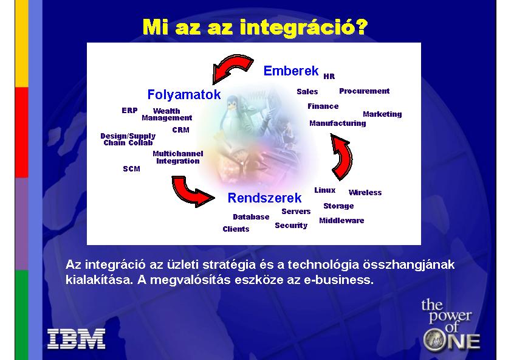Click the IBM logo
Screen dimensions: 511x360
click(77, 339)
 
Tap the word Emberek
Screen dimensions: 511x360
click(291, 71)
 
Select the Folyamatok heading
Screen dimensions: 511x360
click(184, 95)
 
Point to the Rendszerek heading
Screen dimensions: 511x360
click(265, 198)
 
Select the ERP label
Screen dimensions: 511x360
click(129, 111)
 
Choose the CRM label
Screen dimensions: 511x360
click(181, 130)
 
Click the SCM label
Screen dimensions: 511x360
click(132, 168)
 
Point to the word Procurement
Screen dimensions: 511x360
click(365, 91)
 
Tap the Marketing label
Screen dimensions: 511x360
click(382, 114)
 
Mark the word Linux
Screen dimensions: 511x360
click(325, 190)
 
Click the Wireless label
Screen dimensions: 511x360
click(365, 192)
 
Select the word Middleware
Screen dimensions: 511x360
click(341, 220)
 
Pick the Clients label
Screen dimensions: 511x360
click(236, 229)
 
